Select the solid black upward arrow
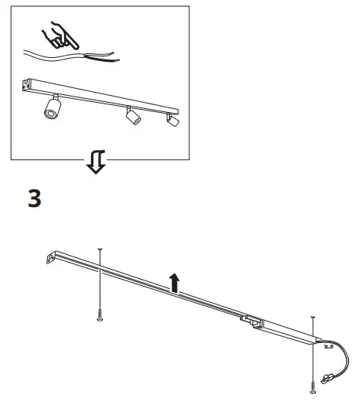[x=175, y=284]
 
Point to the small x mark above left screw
[x=100, y=249]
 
